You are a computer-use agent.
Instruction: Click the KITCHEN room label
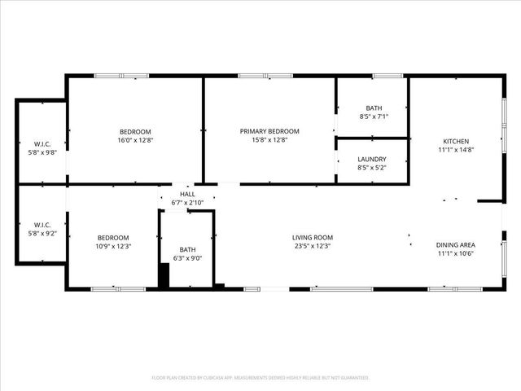(454, 141)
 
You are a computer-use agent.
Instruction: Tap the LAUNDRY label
(372, 159)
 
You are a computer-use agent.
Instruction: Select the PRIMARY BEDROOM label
(269, 131)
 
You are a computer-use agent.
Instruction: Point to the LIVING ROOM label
(313, 238)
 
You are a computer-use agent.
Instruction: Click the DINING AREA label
(456, 244)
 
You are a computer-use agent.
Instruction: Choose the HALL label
(187, 194)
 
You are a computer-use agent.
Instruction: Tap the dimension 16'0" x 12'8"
(135, 140)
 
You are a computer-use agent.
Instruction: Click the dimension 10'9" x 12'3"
(113, 246)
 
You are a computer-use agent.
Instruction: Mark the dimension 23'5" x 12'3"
(313, 246)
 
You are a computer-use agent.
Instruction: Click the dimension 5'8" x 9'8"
(42, 152)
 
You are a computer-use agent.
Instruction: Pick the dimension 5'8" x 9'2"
(42, 234)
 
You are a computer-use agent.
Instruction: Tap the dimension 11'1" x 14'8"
(454, 150)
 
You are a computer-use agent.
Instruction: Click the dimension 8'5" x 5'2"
(372, 168)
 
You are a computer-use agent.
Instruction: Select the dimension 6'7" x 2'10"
(187, 202)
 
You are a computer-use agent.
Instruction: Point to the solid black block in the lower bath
(164, 278)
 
